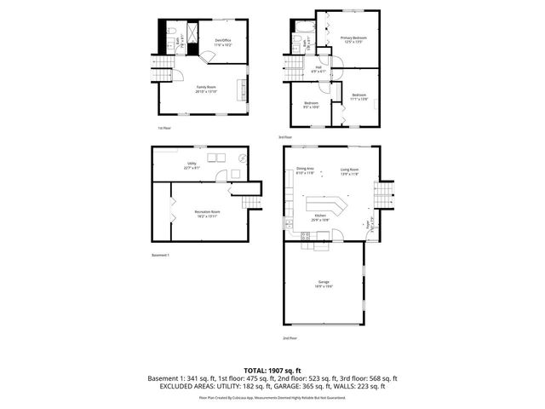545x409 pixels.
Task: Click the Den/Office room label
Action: [x=223, y=42]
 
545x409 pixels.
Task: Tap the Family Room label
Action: [x=205, y=89]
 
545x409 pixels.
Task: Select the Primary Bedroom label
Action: [x=353, y=39]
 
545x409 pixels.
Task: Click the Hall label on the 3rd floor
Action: [x=318, y=69]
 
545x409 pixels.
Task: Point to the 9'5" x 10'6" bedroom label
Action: [x=311, y=105]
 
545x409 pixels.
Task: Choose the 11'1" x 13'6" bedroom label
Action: [x=359, y=96]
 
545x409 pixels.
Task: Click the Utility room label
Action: [x=192, y=165]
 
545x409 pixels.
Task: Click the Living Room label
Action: [x=349, y=171]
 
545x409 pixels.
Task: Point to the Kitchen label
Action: [x=320, y=217]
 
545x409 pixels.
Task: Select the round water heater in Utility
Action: [x=243, y=158]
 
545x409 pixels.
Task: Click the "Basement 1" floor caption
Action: [x=161, y=256]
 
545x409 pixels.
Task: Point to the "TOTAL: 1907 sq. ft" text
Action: [x=272, y=370]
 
